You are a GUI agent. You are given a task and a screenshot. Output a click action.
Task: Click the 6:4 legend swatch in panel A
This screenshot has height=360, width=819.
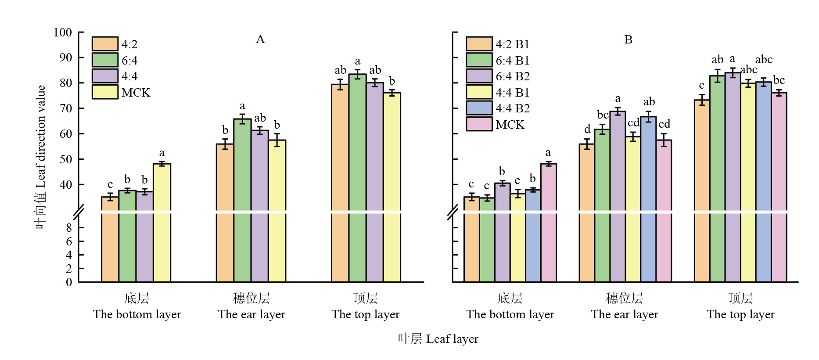pyautogui.click(x=105, y=60)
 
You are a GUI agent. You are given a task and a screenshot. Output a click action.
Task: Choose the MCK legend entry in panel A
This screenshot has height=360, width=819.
pyautogui.click(x=136, y=93)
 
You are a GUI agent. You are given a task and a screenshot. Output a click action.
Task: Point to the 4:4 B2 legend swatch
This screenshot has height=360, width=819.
pyautogui.click(x=479, y=108)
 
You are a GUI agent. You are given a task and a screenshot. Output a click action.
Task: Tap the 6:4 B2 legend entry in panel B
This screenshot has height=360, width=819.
pyautogui.click(x=512, y=76)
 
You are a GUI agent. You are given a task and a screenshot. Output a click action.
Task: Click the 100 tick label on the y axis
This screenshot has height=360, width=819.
pyautogui.click(x=63, y=32)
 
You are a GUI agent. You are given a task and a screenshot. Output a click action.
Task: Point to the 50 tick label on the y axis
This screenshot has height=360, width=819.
pyautogui.click(x=66, y=159)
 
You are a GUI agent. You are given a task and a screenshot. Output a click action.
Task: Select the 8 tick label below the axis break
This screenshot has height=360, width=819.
pyautogui.click(x=69, y=228)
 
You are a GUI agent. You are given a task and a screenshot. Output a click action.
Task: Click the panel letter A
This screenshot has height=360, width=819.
pyautogui.click(x=260, y=40)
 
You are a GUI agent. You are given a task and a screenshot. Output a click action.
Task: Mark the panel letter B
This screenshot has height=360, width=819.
pyautogui.click(x=628, y=40)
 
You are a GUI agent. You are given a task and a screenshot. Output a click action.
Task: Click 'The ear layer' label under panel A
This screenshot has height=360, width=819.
pyautogui.click(x=251, y=314)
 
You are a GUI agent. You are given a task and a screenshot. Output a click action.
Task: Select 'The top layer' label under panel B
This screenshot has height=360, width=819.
pyautogui.click(x=740, y=314)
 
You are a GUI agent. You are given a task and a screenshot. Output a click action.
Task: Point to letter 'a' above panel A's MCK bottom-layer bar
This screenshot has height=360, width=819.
pyautogui.click(x=162, y=153)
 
